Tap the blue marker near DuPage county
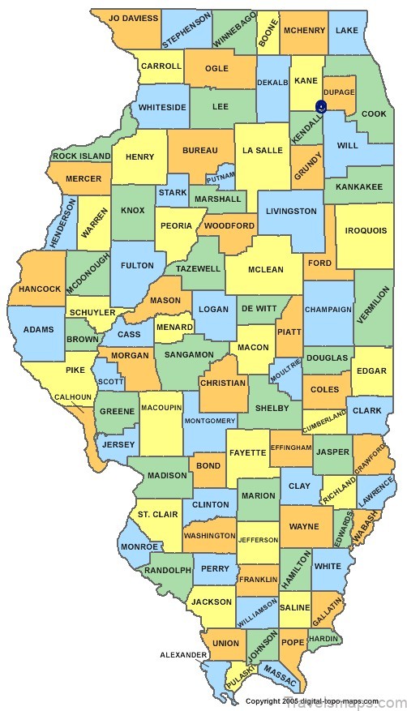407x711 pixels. pos(321,106)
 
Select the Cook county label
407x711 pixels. pos(374,114)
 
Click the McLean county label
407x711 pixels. pos(264,269)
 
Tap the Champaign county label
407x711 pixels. pos(328,309)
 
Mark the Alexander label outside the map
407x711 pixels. pos(182,654)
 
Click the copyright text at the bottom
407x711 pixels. pos(311,700)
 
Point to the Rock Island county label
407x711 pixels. pos(81,156)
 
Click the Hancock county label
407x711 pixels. pos(40,289)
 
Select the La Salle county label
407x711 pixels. pos(262,150)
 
